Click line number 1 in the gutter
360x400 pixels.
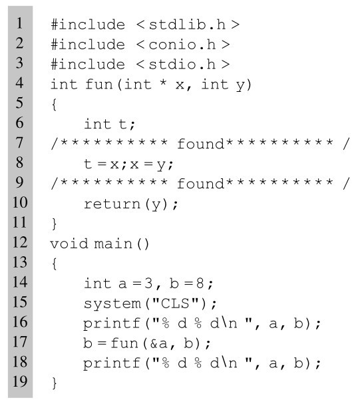19,23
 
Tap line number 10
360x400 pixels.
20,202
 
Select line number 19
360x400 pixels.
20,381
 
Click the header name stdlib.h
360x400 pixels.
187,25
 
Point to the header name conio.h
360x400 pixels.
182,45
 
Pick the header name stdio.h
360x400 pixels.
182,65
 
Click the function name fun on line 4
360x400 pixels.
99,84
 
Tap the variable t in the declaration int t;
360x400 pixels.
122,124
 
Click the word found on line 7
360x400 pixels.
200,144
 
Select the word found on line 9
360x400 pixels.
200,184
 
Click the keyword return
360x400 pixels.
112,204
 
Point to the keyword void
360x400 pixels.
69,244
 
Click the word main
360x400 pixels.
113,244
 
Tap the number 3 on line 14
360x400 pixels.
148,284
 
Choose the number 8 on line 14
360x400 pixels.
200,284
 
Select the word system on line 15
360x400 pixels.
112,304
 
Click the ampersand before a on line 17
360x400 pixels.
154,343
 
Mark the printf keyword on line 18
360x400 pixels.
112,363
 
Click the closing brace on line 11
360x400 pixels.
54,224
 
